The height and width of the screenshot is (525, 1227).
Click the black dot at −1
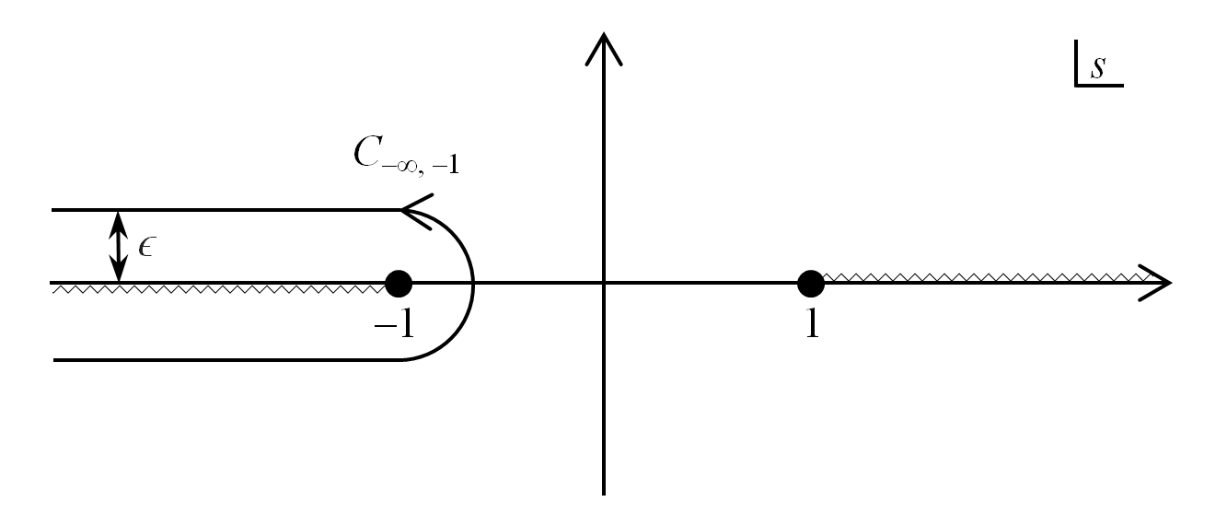398,283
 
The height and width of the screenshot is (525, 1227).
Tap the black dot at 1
810,283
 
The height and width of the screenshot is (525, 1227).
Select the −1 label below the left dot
394,324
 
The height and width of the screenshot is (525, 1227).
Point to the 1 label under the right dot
811,324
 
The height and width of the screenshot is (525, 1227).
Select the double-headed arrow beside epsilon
118,246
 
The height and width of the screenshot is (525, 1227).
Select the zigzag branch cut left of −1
221,289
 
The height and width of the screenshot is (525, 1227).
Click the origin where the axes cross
603,283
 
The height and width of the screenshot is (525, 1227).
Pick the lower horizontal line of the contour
230,360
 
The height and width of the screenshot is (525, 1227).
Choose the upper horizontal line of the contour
230,210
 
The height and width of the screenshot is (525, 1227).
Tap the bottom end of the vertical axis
603,492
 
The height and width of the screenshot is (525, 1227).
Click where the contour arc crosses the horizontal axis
473,283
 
